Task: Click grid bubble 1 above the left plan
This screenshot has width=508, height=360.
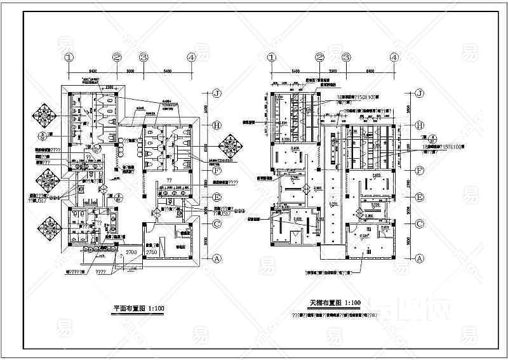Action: click(69, 57)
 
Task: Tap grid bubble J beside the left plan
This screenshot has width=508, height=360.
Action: click(216, 93)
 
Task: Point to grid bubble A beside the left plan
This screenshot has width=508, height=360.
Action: click(216, 258)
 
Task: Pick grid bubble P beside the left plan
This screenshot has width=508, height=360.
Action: click(216, 171)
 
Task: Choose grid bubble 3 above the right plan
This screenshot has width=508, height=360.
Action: click(346, 57)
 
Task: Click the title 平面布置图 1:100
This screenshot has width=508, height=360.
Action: click(138, 309)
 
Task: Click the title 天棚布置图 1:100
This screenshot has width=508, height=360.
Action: click(335, 302)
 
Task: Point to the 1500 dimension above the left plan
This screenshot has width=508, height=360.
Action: click(109, 86)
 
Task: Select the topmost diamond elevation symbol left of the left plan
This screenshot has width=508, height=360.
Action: click(46, 115)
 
